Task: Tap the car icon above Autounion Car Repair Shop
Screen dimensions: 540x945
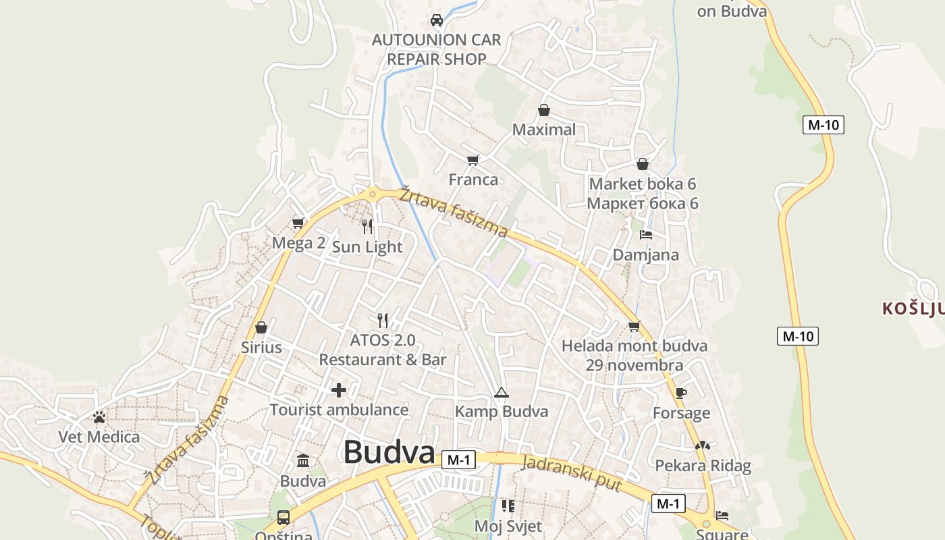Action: (x=437, y=20)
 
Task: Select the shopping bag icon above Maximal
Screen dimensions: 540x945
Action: (x=543, y=110)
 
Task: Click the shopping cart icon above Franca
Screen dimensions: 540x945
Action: (x=473, y=160)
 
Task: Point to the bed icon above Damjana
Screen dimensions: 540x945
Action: (x=646, y=235)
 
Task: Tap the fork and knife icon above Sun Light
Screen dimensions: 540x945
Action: (x=367, y=226)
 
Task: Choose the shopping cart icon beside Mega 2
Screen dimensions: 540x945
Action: (x=298, y=223)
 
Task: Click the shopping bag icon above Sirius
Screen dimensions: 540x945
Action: (x=261, y=328)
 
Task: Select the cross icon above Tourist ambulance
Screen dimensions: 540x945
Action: (x=339, y=390)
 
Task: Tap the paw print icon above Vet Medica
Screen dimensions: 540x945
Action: (x=99, y=417)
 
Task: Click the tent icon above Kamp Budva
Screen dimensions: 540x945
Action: (x=501, y=392)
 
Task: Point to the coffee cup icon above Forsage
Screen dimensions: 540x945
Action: (x=681, y=394)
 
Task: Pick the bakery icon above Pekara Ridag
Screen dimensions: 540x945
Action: (x=703, y=446)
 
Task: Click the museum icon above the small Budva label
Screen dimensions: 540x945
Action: (x=303, y=461)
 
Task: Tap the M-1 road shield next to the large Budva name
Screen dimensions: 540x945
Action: (x=458, y=460)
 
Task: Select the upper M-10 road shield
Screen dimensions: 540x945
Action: (x=823, y=124)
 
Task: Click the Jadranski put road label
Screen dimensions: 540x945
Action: (x=572, y=474)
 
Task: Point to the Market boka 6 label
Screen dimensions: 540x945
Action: (x=642, y=184)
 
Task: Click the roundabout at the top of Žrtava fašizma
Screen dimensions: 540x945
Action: (x=372, y=195)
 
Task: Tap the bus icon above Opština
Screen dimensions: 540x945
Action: (x=283, y=518)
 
